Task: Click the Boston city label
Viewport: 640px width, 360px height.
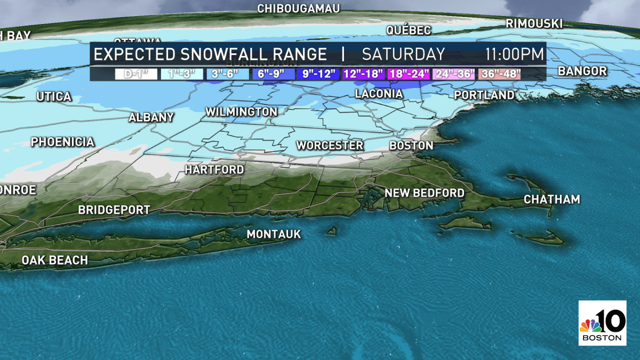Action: coord(411,146)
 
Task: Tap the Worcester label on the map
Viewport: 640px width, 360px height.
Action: coord(330,146)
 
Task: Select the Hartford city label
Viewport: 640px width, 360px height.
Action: coord(214,170)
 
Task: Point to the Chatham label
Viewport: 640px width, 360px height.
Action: coord(551,199)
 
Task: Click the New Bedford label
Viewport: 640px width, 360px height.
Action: coord(425,193)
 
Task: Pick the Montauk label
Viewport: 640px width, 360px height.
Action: coord(274,234)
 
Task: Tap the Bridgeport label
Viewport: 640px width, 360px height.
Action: coord(114,210)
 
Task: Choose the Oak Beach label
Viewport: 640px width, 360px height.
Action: coord(54,260)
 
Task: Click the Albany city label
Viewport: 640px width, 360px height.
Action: coord(151,118)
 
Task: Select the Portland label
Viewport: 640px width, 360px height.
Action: coord(484,95)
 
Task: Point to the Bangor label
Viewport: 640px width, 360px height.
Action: coord(582,71)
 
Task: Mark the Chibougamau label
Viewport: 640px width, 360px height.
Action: coord(299,9)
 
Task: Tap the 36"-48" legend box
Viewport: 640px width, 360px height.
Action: coord(499,74)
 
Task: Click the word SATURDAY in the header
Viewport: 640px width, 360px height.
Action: coord(403,54)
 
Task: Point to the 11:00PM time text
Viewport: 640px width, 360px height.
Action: coord(514,54)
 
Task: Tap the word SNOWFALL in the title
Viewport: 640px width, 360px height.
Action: coord(225,54)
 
